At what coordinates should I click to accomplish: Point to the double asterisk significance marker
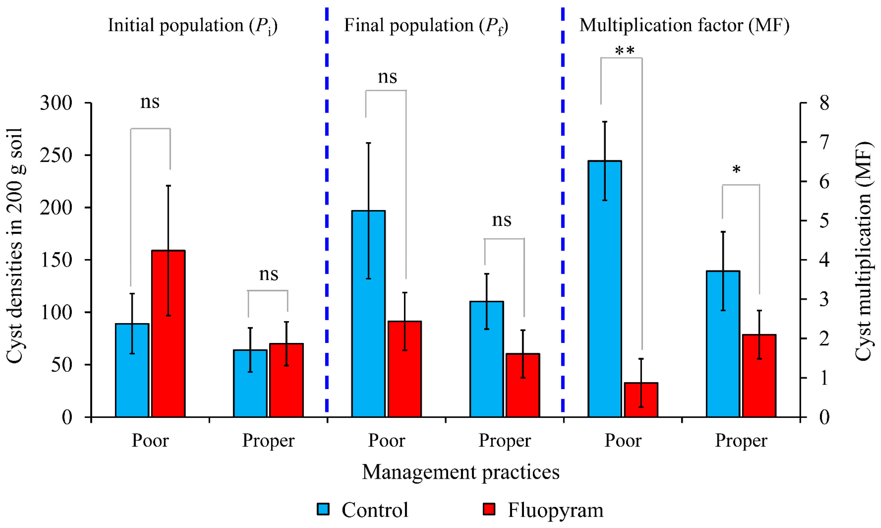pyautogui.click(x=625, y=51)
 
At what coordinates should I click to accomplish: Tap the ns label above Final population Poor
pyautogui.click(x=387, y=77)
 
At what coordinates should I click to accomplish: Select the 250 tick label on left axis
pyautogui.click(x=56, y=155)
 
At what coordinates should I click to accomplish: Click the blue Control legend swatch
pyautogui.click(x=323, y=509)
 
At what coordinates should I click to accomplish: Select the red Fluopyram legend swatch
pyautogui.click(x=489, y=509)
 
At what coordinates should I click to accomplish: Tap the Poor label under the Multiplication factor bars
pyautogui.click(x=623, y=441)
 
